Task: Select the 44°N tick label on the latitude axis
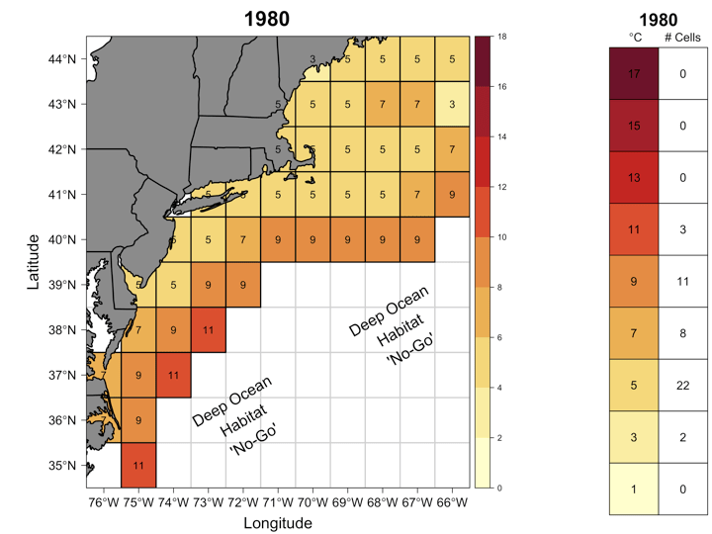click(x=61, y=59)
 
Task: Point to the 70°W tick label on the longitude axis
click(x=311, y=501)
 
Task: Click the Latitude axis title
click(x=33, y=261)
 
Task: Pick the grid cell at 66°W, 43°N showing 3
click(x=451, y=104)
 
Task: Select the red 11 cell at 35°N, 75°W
click(x=138, y=465)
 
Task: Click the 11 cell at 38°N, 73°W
click(x=208, y=330)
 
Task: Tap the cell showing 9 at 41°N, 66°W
click(x=451, y=194)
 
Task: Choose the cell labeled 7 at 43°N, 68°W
click(x=382, y=104)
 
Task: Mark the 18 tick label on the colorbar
click(x=502, y=37)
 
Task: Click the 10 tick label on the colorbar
click(x=502, y=237)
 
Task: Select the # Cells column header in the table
click(x=682, y=38)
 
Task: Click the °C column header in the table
click(x=635, y=38)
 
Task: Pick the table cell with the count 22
click(x=682, y=386)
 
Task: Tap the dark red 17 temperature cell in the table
click(x=635, y=73)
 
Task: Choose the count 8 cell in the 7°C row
click(x=682, y=333)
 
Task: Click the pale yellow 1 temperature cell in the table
click(x=635, y=489)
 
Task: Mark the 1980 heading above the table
click(x=659, y=19)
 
